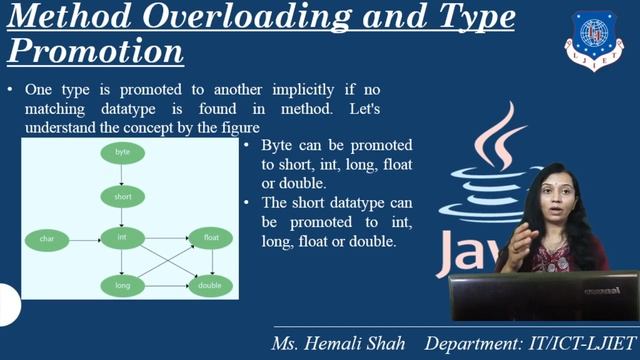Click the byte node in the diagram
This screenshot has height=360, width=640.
point(122,152)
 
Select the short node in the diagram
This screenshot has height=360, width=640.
point(122,197)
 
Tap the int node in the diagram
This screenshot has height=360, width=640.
point(122,238)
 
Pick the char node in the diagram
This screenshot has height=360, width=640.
point(47,239)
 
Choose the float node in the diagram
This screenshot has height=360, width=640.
point(210,238)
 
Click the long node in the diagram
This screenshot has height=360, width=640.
point(122,286)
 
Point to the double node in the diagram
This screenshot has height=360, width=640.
point(210,286)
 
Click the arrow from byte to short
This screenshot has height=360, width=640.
point(122,174)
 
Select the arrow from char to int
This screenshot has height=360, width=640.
point(84,239)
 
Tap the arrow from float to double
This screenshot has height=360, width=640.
point(210,262)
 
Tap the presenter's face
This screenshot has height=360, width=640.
point(557,195)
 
